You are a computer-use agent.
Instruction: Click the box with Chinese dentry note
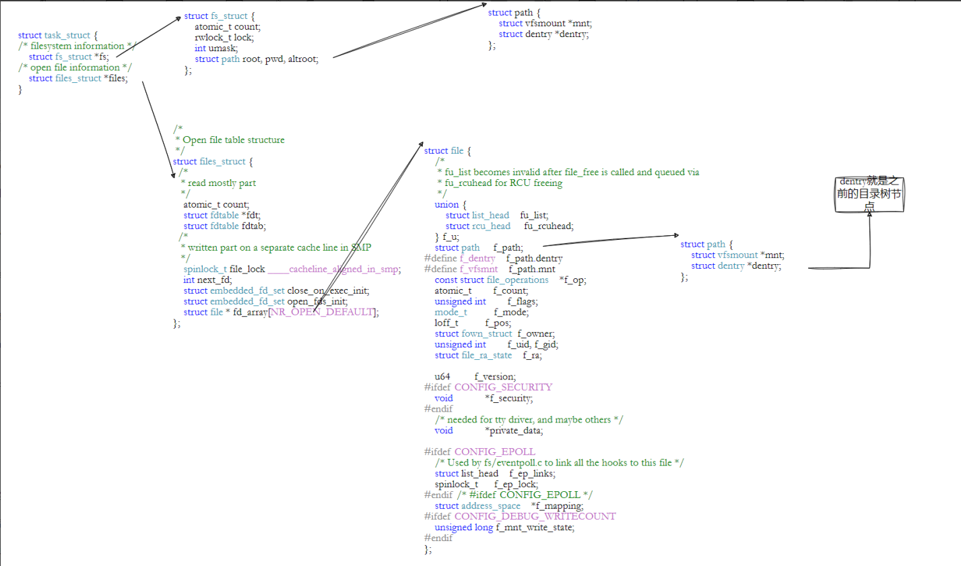tap(868, 195)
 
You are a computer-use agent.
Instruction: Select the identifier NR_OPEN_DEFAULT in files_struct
tap(323, 312)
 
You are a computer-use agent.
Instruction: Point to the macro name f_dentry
tap(477, 258)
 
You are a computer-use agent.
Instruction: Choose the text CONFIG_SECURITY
tap(503, 387)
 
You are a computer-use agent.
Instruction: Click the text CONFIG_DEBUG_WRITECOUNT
tap(535, 516)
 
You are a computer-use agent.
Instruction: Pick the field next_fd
tap(213, 280)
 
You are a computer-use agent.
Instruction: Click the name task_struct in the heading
tap(67, 35)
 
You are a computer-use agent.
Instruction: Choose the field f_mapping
tap(557, 505)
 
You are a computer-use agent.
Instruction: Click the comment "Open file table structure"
tap(233, 139)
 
